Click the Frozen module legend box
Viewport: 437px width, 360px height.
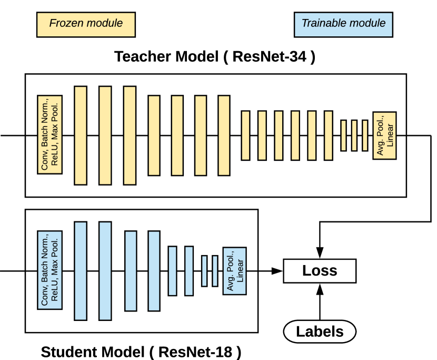(x=86, y=24)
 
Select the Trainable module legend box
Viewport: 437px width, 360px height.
(x=343, y=24)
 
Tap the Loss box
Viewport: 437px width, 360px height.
(x=320, y=271)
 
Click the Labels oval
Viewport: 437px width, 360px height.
(x=320, y=332)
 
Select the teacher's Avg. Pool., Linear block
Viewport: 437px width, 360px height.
(x=384, y=135)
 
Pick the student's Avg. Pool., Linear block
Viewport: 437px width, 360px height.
(x=235, y=271)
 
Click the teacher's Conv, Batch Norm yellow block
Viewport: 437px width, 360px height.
(x=50, y=135)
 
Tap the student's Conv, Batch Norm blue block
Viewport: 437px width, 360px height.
(x=50, y=271)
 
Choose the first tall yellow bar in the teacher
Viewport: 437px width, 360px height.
(x=81, y=135)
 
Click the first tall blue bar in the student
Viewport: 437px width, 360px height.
(x=81, y=271)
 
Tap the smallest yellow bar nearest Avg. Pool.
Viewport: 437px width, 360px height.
(x=365, y=135)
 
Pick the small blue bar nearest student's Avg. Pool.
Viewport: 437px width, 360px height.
(x=215, y=271)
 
